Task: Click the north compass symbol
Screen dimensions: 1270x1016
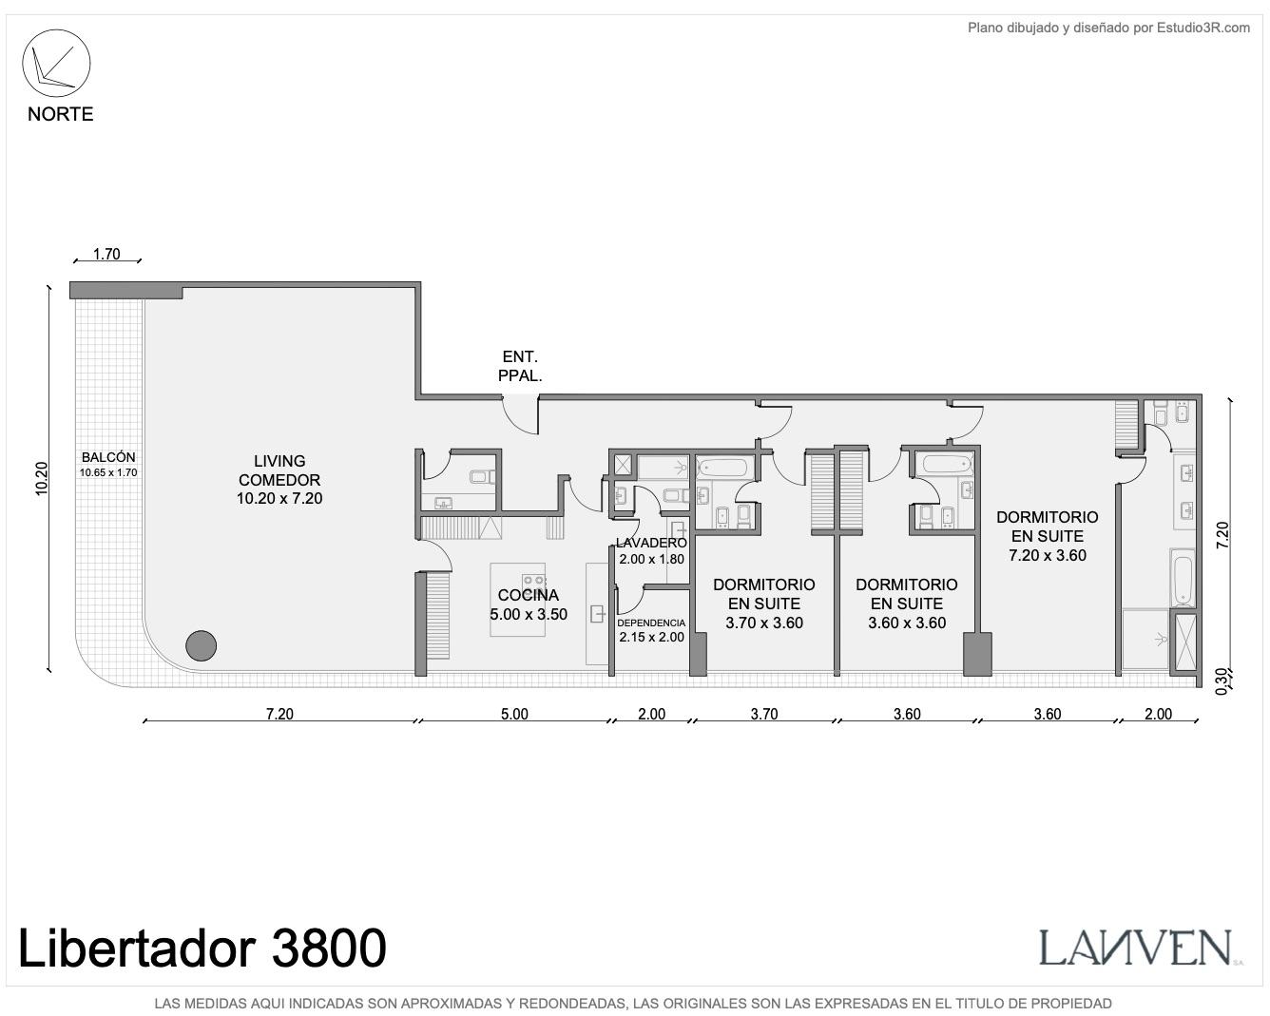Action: click(x=56, y=63)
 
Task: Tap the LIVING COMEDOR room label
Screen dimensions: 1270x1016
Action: click(x=279, y=470)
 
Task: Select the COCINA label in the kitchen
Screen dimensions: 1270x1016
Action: click(x=529, y=595)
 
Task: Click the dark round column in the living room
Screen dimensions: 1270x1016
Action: click(x=201, y=645)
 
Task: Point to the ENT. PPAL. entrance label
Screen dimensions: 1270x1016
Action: click(x=520, y=366)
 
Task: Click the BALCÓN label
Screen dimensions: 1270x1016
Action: click(x=108, y=456)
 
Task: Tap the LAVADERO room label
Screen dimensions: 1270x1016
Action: click(x=651, y=543)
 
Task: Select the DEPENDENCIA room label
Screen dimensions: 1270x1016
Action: click(x=651, y=623)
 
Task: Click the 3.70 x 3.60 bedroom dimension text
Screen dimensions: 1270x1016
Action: click(x=764, y=623)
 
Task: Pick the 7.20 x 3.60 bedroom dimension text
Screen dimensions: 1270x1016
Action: click(x=1048, y=555)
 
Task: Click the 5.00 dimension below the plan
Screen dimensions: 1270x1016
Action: click(x=514, y=714)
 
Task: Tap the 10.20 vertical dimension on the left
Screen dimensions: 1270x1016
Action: click(x=41, y=478)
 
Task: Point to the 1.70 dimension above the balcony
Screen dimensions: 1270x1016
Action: click(x=106, y=254)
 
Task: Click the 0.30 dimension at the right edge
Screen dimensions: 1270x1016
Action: click(x=1222, y=681)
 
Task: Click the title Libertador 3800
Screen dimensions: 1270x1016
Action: click(x=202, y=948)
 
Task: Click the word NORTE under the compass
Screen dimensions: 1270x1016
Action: click(x=60, y=114)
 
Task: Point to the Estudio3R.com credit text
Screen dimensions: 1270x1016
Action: click(x=1203, y=28)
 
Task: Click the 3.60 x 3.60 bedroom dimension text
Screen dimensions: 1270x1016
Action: click(x=907, y=623)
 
